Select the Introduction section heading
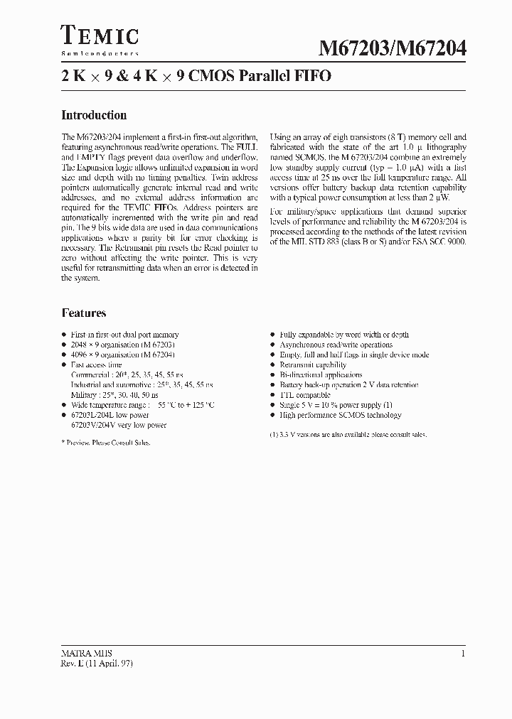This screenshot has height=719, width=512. tap(94, 115)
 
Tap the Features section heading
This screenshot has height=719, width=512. tap(84, 313)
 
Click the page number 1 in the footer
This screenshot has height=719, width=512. tap(463, 653)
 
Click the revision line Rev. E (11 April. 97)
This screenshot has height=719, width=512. tap(97, 663)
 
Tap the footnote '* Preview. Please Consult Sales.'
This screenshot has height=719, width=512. tap(106, 442)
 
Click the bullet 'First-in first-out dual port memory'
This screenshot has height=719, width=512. tap(124, 335)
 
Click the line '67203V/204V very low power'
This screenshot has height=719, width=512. tap(118, 425)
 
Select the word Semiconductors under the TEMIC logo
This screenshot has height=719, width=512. tap(100, 53)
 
